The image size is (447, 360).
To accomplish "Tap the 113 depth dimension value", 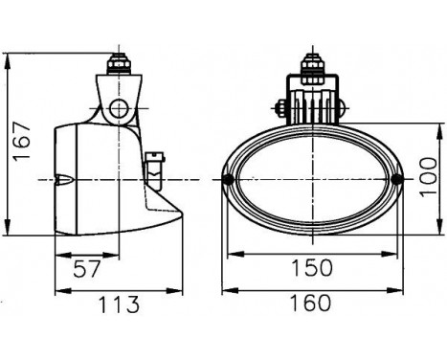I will (x=119, y=305).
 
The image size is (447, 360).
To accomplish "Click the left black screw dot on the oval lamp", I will (x=229, y=180).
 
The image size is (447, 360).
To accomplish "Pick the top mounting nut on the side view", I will (x=119, y=66).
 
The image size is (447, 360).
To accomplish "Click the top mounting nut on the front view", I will (x=311, y=67).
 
